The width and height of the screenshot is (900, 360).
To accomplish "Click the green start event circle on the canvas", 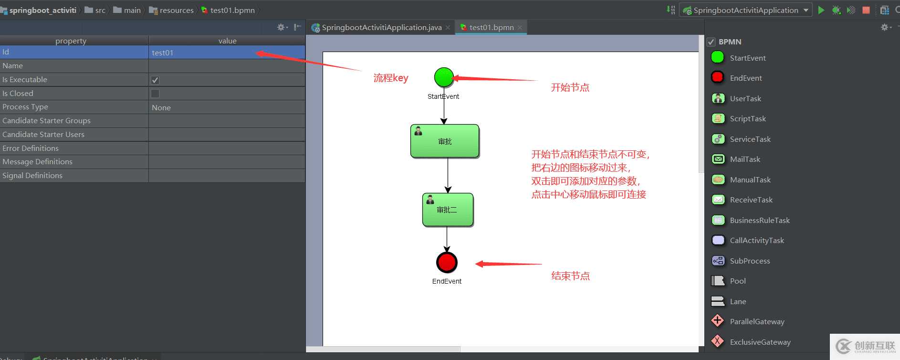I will click(x=444, y=77).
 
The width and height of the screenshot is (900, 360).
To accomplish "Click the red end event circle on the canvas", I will click(x=447, y=262).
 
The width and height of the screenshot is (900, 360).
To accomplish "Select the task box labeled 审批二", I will click(x=448, y=210).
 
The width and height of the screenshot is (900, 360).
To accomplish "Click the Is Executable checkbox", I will click(x=155, y=80).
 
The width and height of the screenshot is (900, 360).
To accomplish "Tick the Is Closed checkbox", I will click(x=155, y=94).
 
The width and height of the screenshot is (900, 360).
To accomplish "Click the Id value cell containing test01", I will click(x=226, y=53).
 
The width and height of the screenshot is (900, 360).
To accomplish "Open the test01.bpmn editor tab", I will click(x=491, y=28).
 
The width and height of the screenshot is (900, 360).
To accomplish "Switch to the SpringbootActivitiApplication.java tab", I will click(x=381, y=28).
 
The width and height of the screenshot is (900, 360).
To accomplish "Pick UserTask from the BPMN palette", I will click(x=745, y=98).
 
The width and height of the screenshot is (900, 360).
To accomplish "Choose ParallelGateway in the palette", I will click(x=756, y=322).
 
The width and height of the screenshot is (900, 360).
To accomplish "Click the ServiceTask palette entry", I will click(x=750, y=139).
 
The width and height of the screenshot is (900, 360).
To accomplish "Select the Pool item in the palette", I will click(x=737, y=281).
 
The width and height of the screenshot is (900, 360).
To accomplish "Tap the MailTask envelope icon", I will click(x=718, y=159).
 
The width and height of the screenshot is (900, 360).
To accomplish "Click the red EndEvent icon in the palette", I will click(x=717, y=77).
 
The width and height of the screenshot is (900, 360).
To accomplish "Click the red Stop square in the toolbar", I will click(x=866, y=10).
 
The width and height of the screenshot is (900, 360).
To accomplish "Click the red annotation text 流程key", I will click(x=391, y=78).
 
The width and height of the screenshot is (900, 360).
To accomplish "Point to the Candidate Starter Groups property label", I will click(x=46, y=121).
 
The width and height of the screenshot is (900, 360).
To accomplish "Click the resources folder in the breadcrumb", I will click(x=176, y=10).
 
